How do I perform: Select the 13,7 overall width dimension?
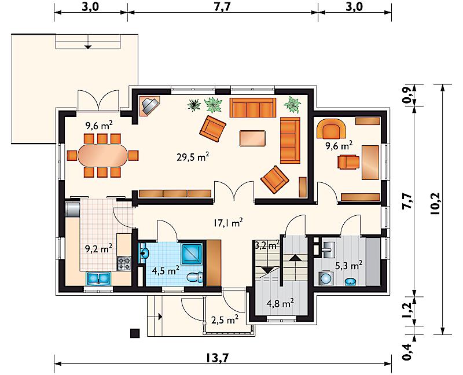218,358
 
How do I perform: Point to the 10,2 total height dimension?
435,203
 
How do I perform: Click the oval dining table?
103,155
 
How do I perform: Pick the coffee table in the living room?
252,138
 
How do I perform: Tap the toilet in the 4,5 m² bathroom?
195,277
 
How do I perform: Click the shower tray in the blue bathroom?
192,254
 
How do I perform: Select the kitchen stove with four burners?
124,264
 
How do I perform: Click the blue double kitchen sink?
98,279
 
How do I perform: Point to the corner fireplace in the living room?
150,105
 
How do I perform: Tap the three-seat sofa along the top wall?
253,108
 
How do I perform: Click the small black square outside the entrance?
135,333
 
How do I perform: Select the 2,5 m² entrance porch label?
225,319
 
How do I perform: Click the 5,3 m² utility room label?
349,266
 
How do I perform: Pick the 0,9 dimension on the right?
407,95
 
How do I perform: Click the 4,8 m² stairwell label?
280,303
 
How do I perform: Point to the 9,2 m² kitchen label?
98,248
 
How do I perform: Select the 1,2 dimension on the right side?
407,310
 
